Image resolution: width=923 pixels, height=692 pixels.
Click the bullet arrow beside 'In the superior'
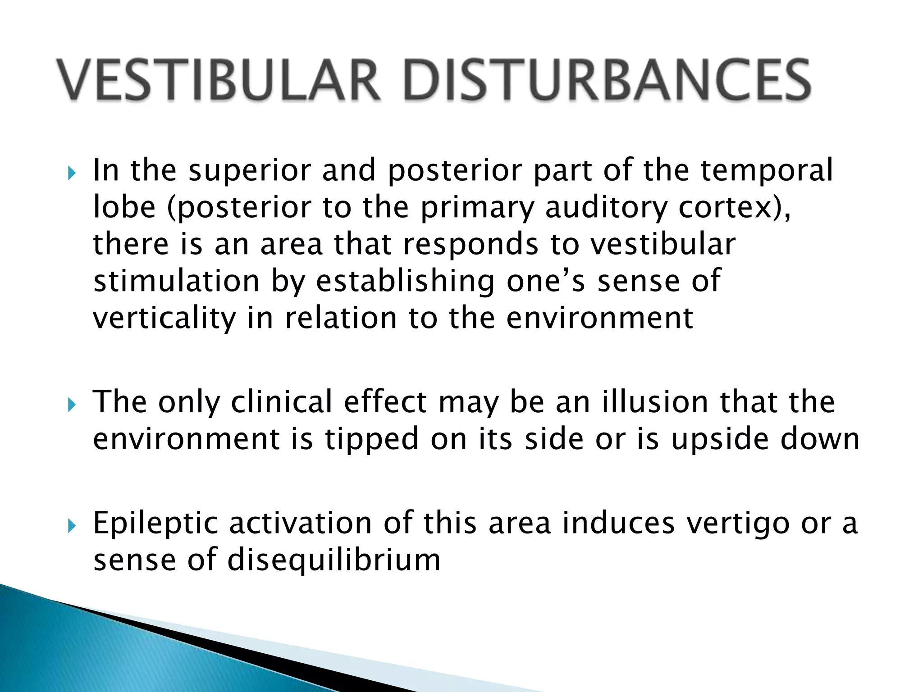coord(72,173)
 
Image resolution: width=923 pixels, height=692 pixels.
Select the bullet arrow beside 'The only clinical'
coord(72,405)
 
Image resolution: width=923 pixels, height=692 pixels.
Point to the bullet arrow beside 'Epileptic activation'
coord(72,526)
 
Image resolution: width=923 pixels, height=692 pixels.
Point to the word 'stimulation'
coord(176,281)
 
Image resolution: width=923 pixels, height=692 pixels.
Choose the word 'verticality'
coord(164,319)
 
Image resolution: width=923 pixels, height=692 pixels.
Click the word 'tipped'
coord(372,440)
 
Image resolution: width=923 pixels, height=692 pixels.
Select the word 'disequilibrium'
coord(334,560)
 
